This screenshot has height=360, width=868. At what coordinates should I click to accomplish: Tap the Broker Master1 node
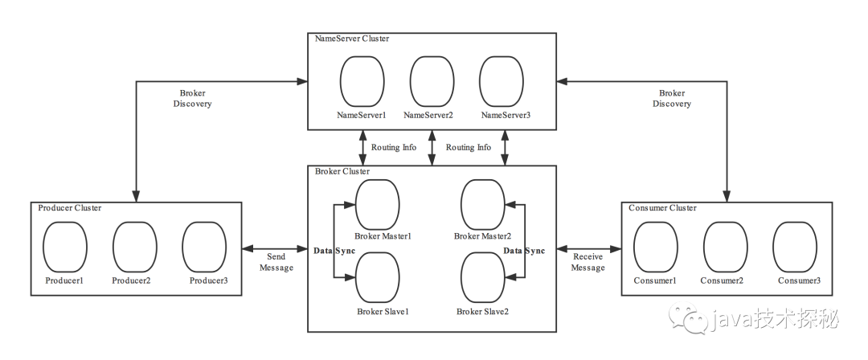click(377, 204)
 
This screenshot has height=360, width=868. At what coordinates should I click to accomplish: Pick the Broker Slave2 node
click(483, 277)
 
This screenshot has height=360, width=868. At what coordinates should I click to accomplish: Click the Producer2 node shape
click(134, 247)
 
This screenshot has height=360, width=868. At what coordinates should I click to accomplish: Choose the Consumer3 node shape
click(795, 247)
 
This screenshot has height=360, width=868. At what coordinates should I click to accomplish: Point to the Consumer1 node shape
click(656, 247)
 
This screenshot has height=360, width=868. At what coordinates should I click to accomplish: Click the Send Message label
click(276, 263)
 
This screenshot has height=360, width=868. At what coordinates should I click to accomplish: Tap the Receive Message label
click(588, 263)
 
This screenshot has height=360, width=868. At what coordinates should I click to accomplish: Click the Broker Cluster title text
click(342, 171)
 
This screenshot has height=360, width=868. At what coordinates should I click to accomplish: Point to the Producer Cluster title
click(70, 207)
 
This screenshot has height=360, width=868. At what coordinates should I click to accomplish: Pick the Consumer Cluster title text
click(662, 207)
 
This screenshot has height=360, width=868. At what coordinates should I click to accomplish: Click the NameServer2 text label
click(428, 115)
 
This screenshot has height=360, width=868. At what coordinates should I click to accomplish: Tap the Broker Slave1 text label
click(383, 311)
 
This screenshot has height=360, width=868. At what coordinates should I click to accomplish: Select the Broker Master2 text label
click(483, 236)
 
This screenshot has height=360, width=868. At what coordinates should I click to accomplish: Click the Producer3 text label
click(209, 280)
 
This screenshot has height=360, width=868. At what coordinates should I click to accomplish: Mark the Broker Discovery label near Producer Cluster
click(193, 99)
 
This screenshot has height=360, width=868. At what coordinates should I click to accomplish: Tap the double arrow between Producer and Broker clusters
click(275, 248)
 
